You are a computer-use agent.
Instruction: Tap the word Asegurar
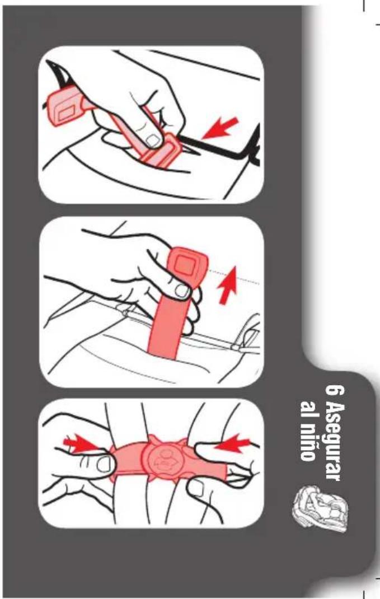click(333, 441)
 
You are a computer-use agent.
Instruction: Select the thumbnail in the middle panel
click(182, 291)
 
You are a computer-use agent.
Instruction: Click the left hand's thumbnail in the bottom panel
click(106, 464)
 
